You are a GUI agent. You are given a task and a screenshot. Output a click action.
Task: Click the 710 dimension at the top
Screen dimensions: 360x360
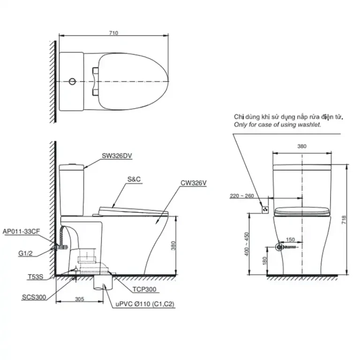pos(113,33)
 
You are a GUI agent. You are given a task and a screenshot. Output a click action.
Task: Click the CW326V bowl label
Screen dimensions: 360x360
pos(193,184)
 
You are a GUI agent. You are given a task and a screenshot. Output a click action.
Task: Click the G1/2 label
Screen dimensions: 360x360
pos(27,253)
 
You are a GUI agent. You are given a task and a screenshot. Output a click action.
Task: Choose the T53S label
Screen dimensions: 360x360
pos(35,277)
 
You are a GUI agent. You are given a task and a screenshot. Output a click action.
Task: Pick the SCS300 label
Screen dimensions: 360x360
pos(34,297)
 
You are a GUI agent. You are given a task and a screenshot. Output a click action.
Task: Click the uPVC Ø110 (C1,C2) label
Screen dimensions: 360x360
pos(145,304)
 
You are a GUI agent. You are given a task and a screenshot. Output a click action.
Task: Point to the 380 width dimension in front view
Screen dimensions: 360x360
pos(301,146)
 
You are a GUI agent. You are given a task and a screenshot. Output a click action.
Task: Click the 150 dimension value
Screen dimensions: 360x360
pos(291,240)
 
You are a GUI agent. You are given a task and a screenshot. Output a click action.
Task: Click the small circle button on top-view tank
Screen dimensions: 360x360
pos(72,82)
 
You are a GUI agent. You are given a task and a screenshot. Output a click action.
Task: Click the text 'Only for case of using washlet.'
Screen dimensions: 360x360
pos(278,125)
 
